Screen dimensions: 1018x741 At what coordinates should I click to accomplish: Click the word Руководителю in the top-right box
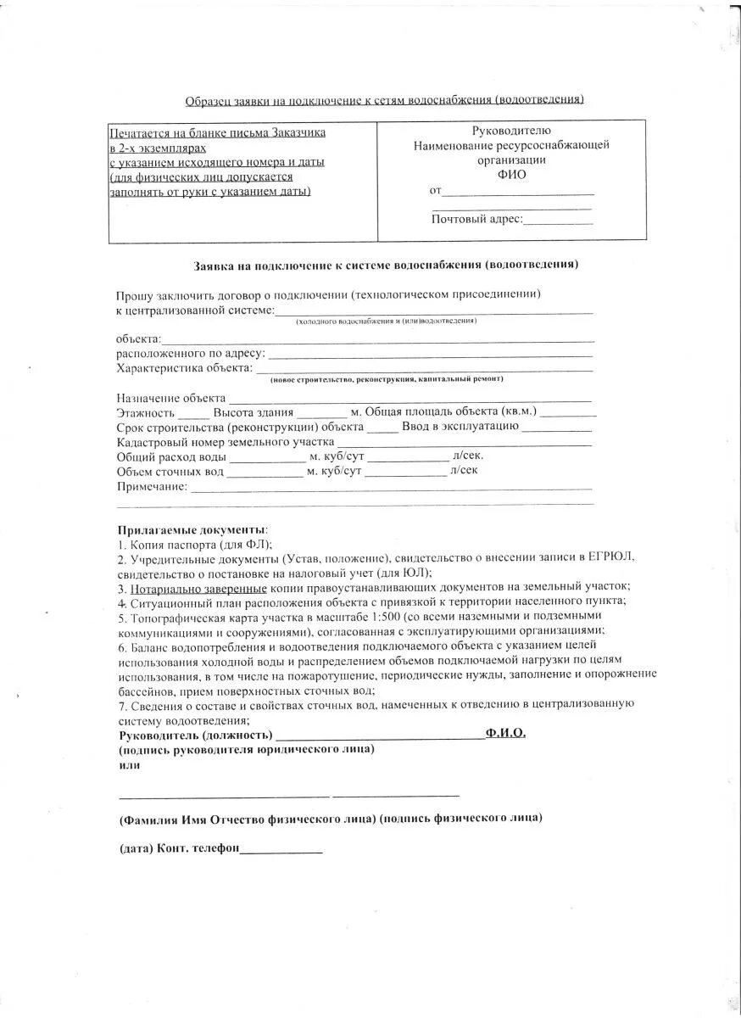coord(511,131)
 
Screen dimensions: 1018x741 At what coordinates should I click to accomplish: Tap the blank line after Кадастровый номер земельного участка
coord(464,445)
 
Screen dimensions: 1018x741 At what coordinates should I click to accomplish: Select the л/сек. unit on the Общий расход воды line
coord(469,456)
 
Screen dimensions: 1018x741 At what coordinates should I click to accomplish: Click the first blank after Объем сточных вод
coord(265,475)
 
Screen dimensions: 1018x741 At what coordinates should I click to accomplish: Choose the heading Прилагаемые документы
coord(192,529)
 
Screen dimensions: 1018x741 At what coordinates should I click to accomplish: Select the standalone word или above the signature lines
coord(130,764)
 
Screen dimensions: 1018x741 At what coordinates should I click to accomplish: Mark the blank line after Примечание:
coord(390,489)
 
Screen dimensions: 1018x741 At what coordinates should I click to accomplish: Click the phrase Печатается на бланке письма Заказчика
coord(218,133)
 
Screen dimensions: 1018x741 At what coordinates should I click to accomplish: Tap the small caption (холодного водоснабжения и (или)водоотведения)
coord(386,322)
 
